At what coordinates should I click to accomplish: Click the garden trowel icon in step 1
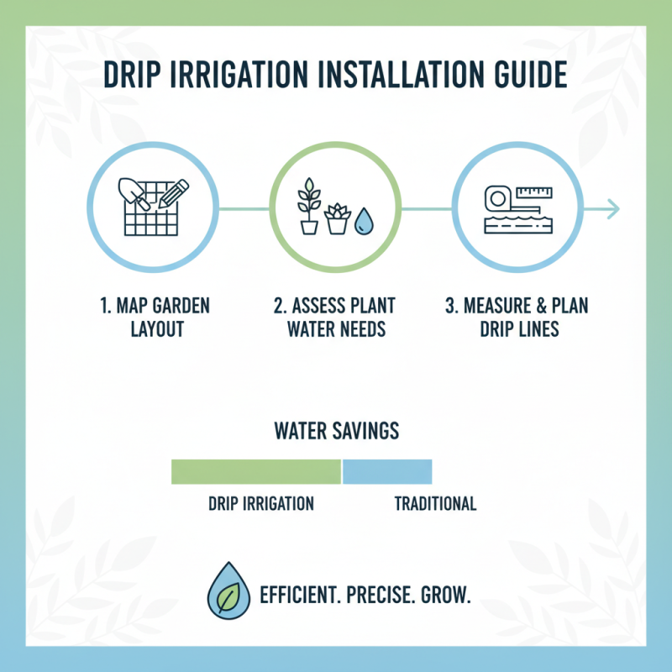tap(134, 193)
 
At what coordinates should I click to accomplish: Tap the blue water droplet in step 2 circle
tap(364, 221)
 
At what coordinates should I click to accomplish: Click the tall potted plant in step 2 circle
tap(309, 207)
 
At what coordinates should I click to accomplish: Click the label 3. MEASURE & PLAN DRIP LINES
tap(517, 316)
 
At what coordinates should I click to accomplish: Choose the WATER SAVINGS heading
tap(336, 432)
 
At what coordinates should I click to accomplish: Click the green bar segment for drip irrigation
tap(256, 472)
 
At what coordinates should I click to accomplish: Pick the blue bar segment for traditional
tap(387, 472)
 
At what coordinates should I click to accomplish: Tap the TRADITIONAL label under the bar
tap(435, 504)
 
